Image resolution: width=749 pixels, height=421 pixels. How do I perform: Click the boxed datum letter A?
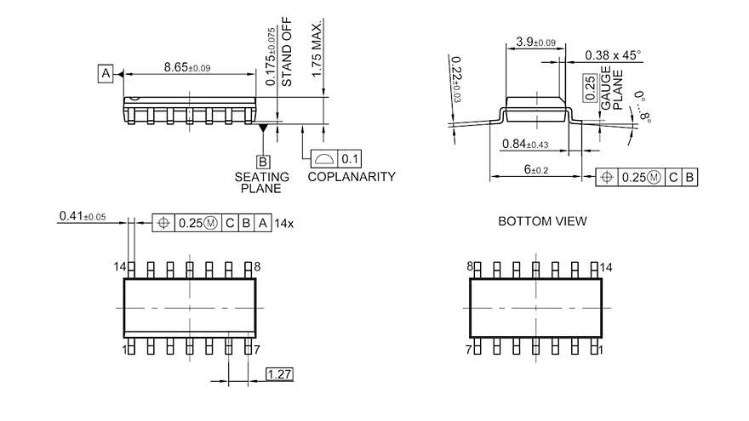pyautogui.click(x=106, y=73)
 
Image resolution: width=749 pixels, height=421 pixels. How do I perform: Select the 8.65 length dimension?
pyautogui.click(x=187, y=67)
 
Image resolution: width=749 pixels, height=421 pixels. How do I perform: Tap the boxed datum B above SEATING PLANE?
pyautogui.click(x=263, y=162)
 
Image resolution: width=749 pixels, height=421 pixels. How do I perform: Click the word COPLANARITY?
pyautogui.click(x=352, y=177)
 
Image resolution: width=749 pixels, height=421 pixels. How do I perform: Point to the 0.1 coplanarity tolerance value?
pyautogui.click(x=350, y=159)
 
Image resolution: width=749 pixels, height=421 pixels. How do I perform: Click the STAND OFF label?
pyautogui.click(x=286, y=52)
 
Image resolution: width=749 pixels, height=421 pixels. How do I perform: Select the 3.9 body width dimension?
pyautogui.click(x=536, y=42)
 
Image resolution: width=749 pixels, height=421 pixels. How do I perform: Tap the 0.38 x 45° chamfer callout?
pyautogui.click(x=613, y=55)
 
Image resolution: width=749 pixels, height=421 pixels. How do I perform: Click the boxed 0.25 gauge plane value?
pyautogui.click(x=591, y=88)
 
